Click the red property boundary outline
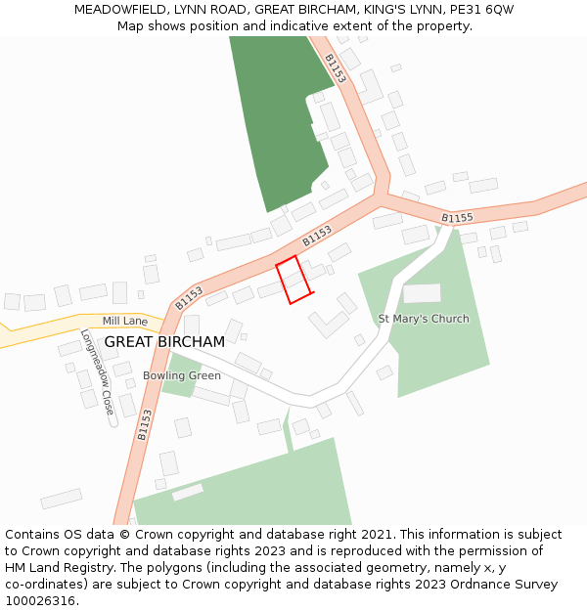tap(293, 280)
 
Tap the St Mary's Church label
tap(423, 319)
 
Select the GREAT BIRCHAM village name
tap(164, 342)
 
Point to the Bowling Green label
tap(182, 375)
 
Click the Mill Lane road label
tap(124, 321)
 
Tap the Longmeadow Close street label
tap(97, 371)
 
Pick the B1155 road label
tap(457, 217)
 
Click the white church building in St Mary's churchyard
tap(422, 293)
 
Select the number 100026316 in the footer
tap(40, 600)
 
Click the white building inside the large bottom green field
tap(188, 492)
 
